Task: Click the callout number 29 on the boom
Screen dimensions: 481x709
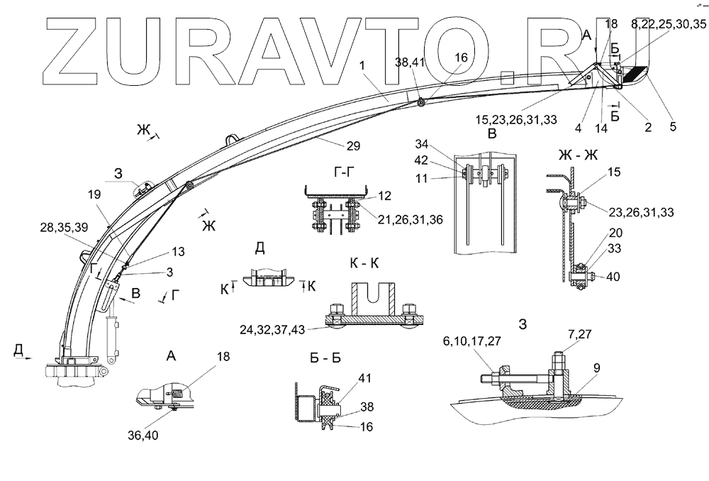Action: point(353,146)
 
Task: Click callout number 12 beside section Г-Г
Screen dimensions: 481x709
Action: point(383,194)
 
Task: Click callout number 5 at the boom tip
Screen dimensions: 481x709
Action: point(673,127)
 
